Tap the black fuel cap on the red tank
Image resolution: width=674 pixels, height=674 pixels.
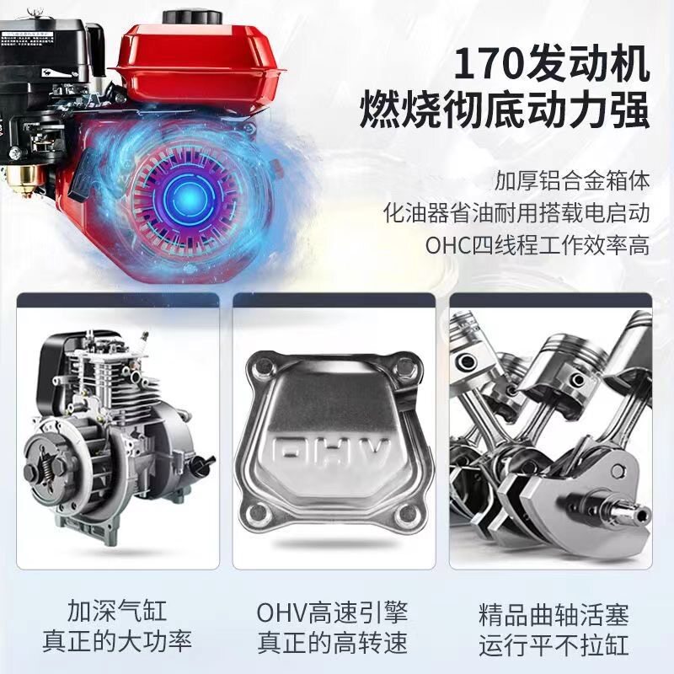point(192,19)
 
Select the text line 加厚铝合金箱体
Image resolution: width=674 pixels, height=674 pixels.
point(572,180)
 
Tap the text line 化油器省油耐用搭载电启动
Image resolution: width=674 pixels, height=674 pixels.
point(516,213)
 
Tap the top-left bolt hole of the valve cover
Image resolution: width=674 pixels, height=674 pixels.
point(262,368)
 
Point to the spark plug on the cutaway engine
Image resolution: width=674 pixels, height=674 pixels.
point(143,340)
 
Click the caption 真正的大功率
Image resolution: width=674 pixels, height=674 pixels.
point(117,641)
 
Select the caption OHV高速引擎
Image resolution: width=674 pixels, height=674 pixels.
point(332,612)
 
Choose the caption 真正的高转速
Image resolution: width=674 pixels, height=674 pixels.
point(332,643)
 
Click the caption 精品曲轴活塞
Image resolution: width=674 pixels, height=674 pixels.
point(554,614)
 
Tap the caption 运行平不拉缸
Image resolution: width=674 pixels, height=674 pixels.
point(554,644)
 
